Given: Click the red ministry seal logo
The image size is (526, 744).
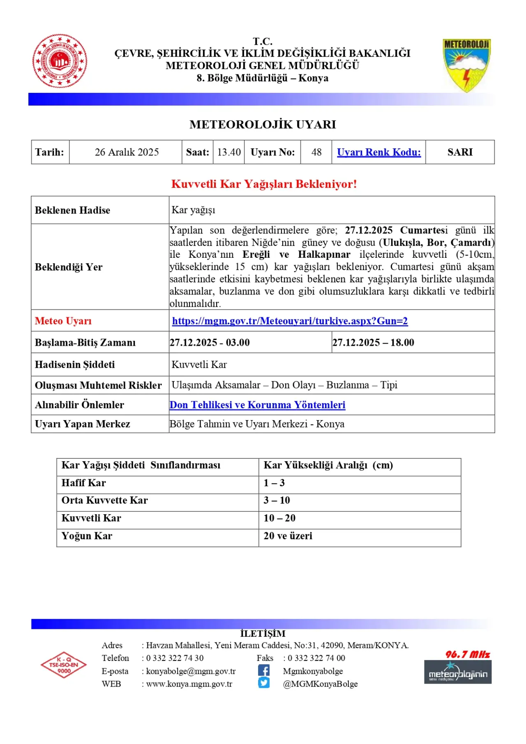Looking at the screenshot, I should [x=60, y=61].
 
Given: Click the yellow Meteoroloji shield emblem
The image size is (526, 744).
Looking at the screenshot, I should [x=467, y=65].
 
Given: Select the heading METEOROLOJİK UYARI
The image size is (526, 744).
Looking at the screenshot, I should [x=263, y=125].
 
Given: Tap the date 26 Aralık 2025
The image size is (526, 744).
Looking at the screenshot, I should [x=127, y=152].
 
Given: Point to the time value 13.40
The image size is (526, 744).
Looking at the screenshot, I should [x=229, y=152].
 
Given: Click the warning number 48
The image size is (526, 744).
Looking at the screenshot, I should [x=316, y=152].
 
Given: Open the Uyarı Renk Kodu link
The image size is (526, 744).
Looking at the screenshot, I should [x=379, y=152].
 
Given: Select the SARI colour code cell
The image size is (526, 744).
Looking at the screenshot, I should [x=460, y=152].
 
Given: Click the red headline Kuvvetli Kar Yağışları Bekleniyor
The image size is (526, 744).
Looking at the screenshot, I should [x=264, y=184].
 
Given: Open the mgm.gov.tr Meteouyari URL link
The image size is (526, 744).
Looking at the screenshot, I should [x=290, y=321].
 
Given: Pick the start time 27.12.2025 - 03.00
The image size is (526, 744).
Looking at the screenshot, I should [x=210, y=342].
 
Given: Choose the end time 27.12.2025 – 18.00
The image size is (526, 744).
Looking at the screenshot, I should [x=373, y=342].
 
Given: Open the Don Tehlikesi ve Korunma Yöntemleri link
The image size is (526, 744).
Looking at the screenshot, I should [x=258, y=405].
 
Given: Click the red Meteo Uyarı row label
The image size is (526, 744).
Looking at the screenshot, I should [x=63, y=321].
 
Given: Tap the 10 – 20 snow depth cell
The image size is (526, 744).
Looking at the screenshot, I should [x=279, y=518].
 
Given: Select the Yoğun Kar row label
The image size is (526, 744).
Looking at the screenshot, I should [x=87, y=536].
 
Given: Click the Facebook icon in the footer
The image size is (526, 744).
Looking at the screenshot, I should [x=264, y=670].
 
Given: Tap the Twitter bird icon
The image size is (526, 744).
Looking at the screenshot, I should [x=264, y=683].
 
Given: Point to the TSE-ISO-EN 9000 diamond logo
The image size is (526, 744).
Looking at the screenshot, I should [x=64, y=665].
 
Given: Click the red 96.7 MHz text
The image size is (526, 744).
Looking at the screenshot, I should [x=468, y=654].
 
